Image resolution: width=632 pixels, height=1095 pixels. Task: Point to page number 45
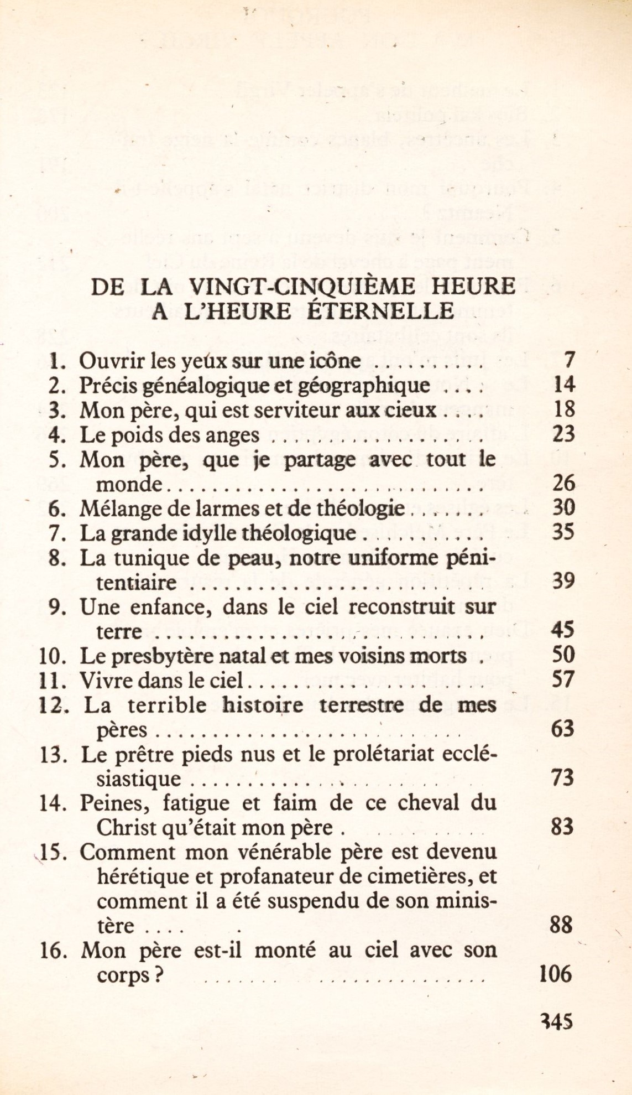563,630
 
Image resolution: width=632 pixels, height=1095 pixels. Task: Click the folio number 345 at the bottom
556,1021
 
